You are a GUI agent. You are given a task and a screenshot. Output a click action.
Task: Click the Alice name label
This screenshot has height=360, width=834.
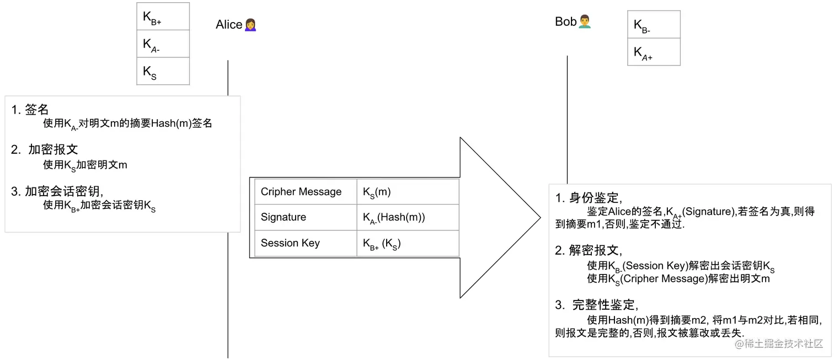click(x=229, y=25)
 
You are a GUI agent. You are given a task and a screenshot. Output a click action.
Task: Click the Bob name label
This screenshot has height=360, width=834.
click(x=565, y=22)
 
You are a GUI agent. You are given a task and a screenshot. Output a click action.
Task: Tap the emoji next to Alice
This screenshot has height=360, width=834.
click(x=250, y=25)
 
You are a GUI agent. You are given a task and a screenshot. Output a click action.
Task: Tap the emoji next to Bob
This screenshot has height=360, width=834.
click(x=585, y=22)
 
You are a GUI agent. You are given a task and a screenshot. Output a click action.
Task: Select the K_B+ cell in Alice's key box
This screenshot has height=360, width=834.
click(x=163, y=17)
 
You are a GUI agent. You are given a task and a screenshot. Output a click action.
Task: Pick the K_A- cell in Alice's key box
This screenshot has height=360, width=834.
click(x=163, y=44)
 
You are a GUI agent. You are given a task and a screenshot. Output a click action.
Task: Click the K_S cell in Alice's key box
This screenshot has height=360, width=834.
click(x=163, y=71)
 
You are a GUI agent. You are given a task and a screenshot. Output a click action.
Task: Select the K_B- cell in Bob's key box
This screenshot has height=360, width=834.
click(x=654, y=25)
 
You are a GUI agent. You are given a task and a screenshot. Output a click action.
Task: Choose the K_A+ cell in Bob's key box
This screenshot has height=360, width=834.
click(x=654, y=52)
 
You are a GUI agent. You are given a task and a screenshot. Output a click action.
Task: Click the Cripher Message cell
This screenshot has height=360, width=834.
click(x=306, y=192)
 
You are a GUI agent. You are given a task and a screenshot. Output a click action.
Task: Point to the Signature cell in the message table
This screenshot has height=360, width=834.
click(x=306, y=217)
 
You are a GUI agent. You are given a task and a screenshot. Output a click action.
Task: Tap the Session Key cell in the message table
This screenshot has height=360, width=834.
click(x=306, y=243)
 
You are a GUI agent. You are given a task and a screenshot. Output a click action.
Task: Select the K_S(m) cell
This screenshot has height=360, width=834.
click(x=408, y=192)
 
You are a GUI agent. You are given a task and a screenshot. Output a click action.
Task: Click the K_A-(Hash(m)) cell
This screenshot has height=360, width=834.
click(x=408, y=217)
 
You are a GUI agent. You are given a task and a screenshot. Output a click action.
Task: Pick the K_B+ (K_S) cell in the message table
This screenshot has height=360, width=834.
click(x=408, y=243)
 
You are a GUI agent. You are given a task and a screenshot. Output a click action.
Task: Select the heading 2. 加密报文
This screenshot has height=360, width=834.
click(x=45, y=149)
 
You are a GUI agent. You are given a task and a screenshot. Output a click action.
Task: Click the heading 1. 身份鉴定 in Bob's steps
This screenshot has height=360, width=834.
click(x=589, y=198)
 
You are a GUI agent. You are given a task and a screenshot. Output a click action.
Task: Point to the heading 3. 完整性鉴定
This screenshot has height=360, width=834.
click(x=597, y=305)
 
